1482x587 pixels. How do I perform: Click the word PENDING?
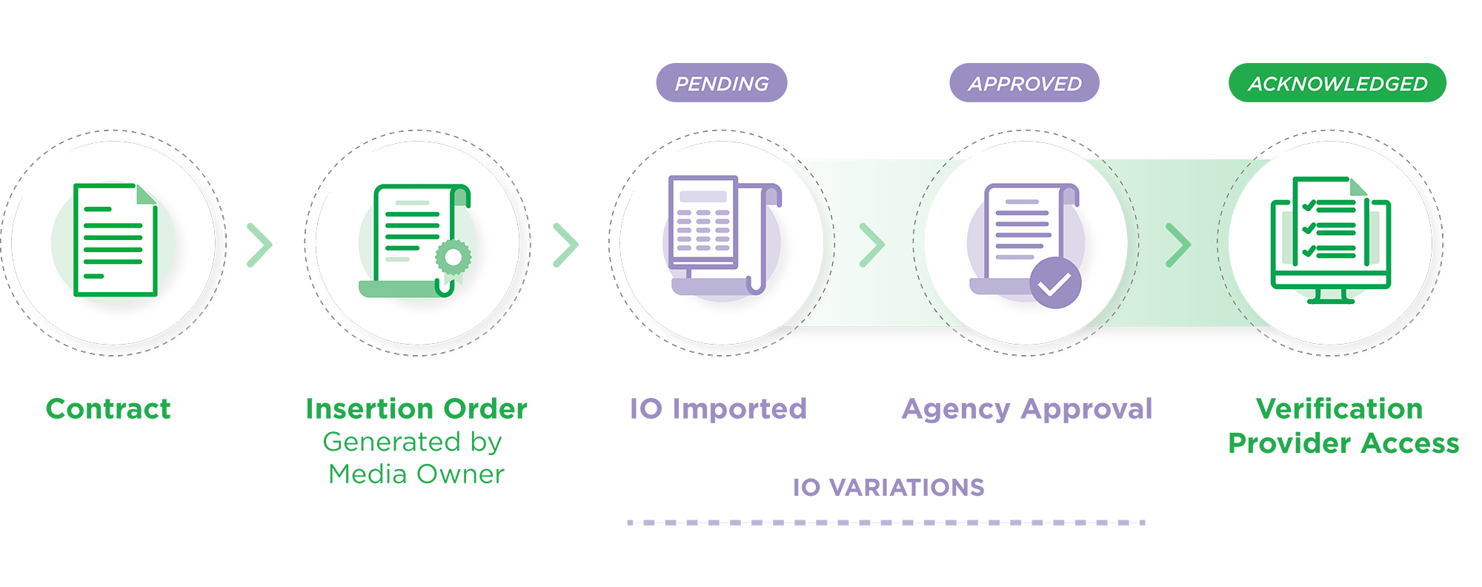coord(722,84)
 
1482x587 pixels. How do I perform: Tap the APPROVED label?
coord(1025,84)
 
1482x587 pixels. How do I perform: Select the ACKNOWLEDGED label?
coord(1338,84)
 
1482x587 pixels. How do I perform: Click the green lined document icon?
coord(115,240)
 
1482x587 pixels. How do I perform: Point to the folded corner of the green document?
coord(146,194)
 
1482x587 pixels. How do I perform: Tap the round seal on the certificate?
coord(453,257)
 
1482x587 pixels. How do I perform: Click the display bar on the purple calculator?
coord(702,197)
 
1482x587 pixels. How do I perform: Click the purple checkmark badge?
coord(1055,283)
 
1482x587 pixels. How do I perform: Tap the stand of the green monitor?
coord(1330,296)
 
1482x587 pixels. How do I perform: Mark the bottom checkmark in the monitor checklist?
coord(1309,251)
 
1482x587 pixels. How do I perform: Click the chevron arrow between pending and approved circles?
coord(873,244)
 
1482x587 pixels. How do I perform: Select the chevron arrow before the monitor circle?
coord(1178,244)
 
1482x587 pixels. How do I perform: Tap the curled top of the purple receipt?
coord(771,194)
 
